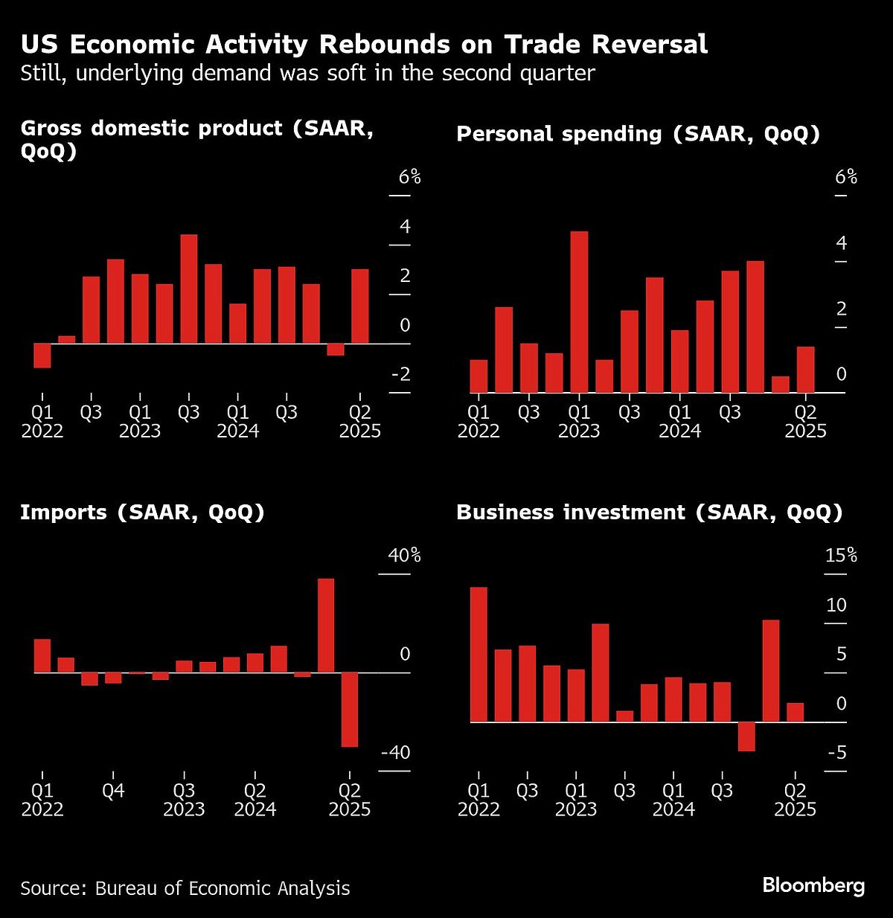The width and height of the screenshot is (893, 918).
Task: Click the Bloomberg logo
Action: coord(813,885)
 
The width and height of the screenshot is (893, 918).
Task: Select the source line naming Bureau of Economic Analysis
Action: coord(185,887)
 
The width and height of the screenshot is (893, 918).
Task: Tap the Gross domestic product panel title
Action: coord(196,139)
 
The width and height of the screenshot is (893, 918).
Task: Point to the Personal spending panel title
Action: coord(638,134)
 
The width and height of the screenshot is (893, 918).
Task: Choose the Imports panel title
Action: coord(142,513)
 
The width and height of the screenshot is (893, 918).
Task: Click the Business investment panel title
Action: coord(649,513)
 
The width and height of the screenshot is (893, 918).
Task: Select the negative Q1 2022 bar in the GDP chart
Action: coord(42,356)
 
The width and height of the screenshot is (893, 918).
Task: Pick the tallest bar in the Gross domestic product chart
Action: coord(189,289)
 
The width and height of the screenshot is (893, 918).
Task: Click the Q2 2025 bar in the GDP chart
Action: coord(360,306)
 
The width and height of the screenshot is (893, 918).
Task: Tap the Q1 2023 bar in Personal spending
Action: coord(579,312)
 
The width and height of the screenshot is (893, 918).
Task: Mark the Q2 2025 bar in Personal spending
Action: coord(806,370)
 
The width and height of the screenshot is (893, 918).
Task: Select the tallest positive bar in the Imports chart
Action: coord(326,626)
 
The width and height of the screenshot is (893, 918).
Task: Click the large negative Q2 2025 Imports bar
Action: coord(350,709)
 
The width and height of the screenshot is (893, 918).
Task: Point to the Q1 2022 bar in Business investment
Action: coord(478,655)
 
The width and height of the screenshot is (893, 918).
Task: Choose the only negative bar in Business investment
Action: coord(746,736)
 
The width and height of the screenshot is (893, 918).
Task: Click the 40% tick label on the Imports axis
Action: coord(404,556)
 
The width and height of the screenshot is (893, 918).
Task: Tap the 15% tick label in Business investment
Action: coord(841,556)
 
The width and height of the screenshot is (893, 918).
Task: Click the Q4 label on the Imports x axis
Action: coord(113,791)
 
